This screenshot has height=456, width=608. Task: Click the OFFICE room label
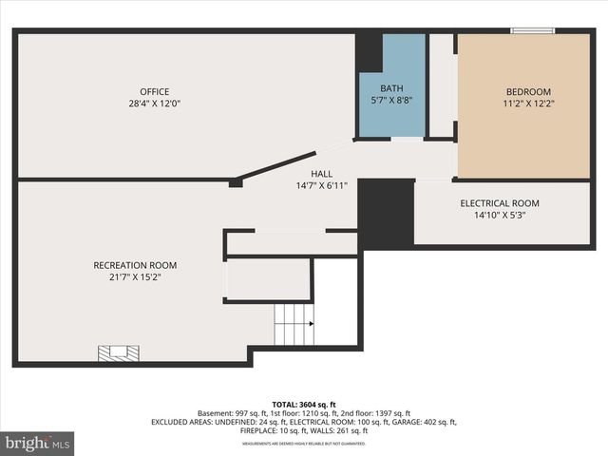click(154, 92)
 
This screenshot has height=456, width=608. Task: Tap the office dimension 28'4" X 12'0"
click(154, 104)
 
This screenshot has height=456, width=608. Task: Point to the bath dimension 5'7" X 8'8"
click(390, 99)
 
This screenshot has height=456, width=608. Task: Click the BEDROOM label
click(527, 92)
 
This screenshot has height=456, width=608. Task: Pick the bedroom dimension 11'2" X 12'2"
click(527, 104)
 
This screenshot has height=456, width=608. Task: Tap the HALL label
click(321, 175)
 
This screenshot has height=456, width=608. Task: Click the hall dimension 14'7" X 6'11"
click(321, 186)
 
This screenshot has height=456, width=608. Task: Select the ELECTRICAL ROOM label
click(500, 203)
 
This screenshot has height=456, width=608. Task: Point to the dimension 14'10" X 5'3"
click(500, 215)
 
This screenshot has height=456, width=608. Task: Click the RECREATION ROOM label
click(135, 265)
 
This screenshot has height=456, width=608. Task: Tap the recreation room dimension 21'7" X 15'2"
click(135, 276)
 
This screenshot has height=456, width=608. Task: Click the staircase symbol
click(294, 325)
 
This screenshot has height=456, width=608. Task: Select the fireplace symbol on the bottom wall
click(119, 353)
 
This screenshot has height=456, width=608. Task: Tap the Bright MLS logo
click(38, 443)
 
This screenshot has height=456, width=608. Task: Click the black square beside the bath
click(369, 52)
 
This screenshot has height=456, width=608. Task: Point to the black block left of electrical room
click(386, 213)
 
